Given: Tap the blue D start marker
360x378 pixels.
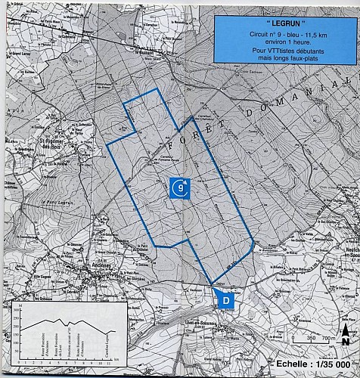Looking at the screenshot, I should click(x=225, y=300).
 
